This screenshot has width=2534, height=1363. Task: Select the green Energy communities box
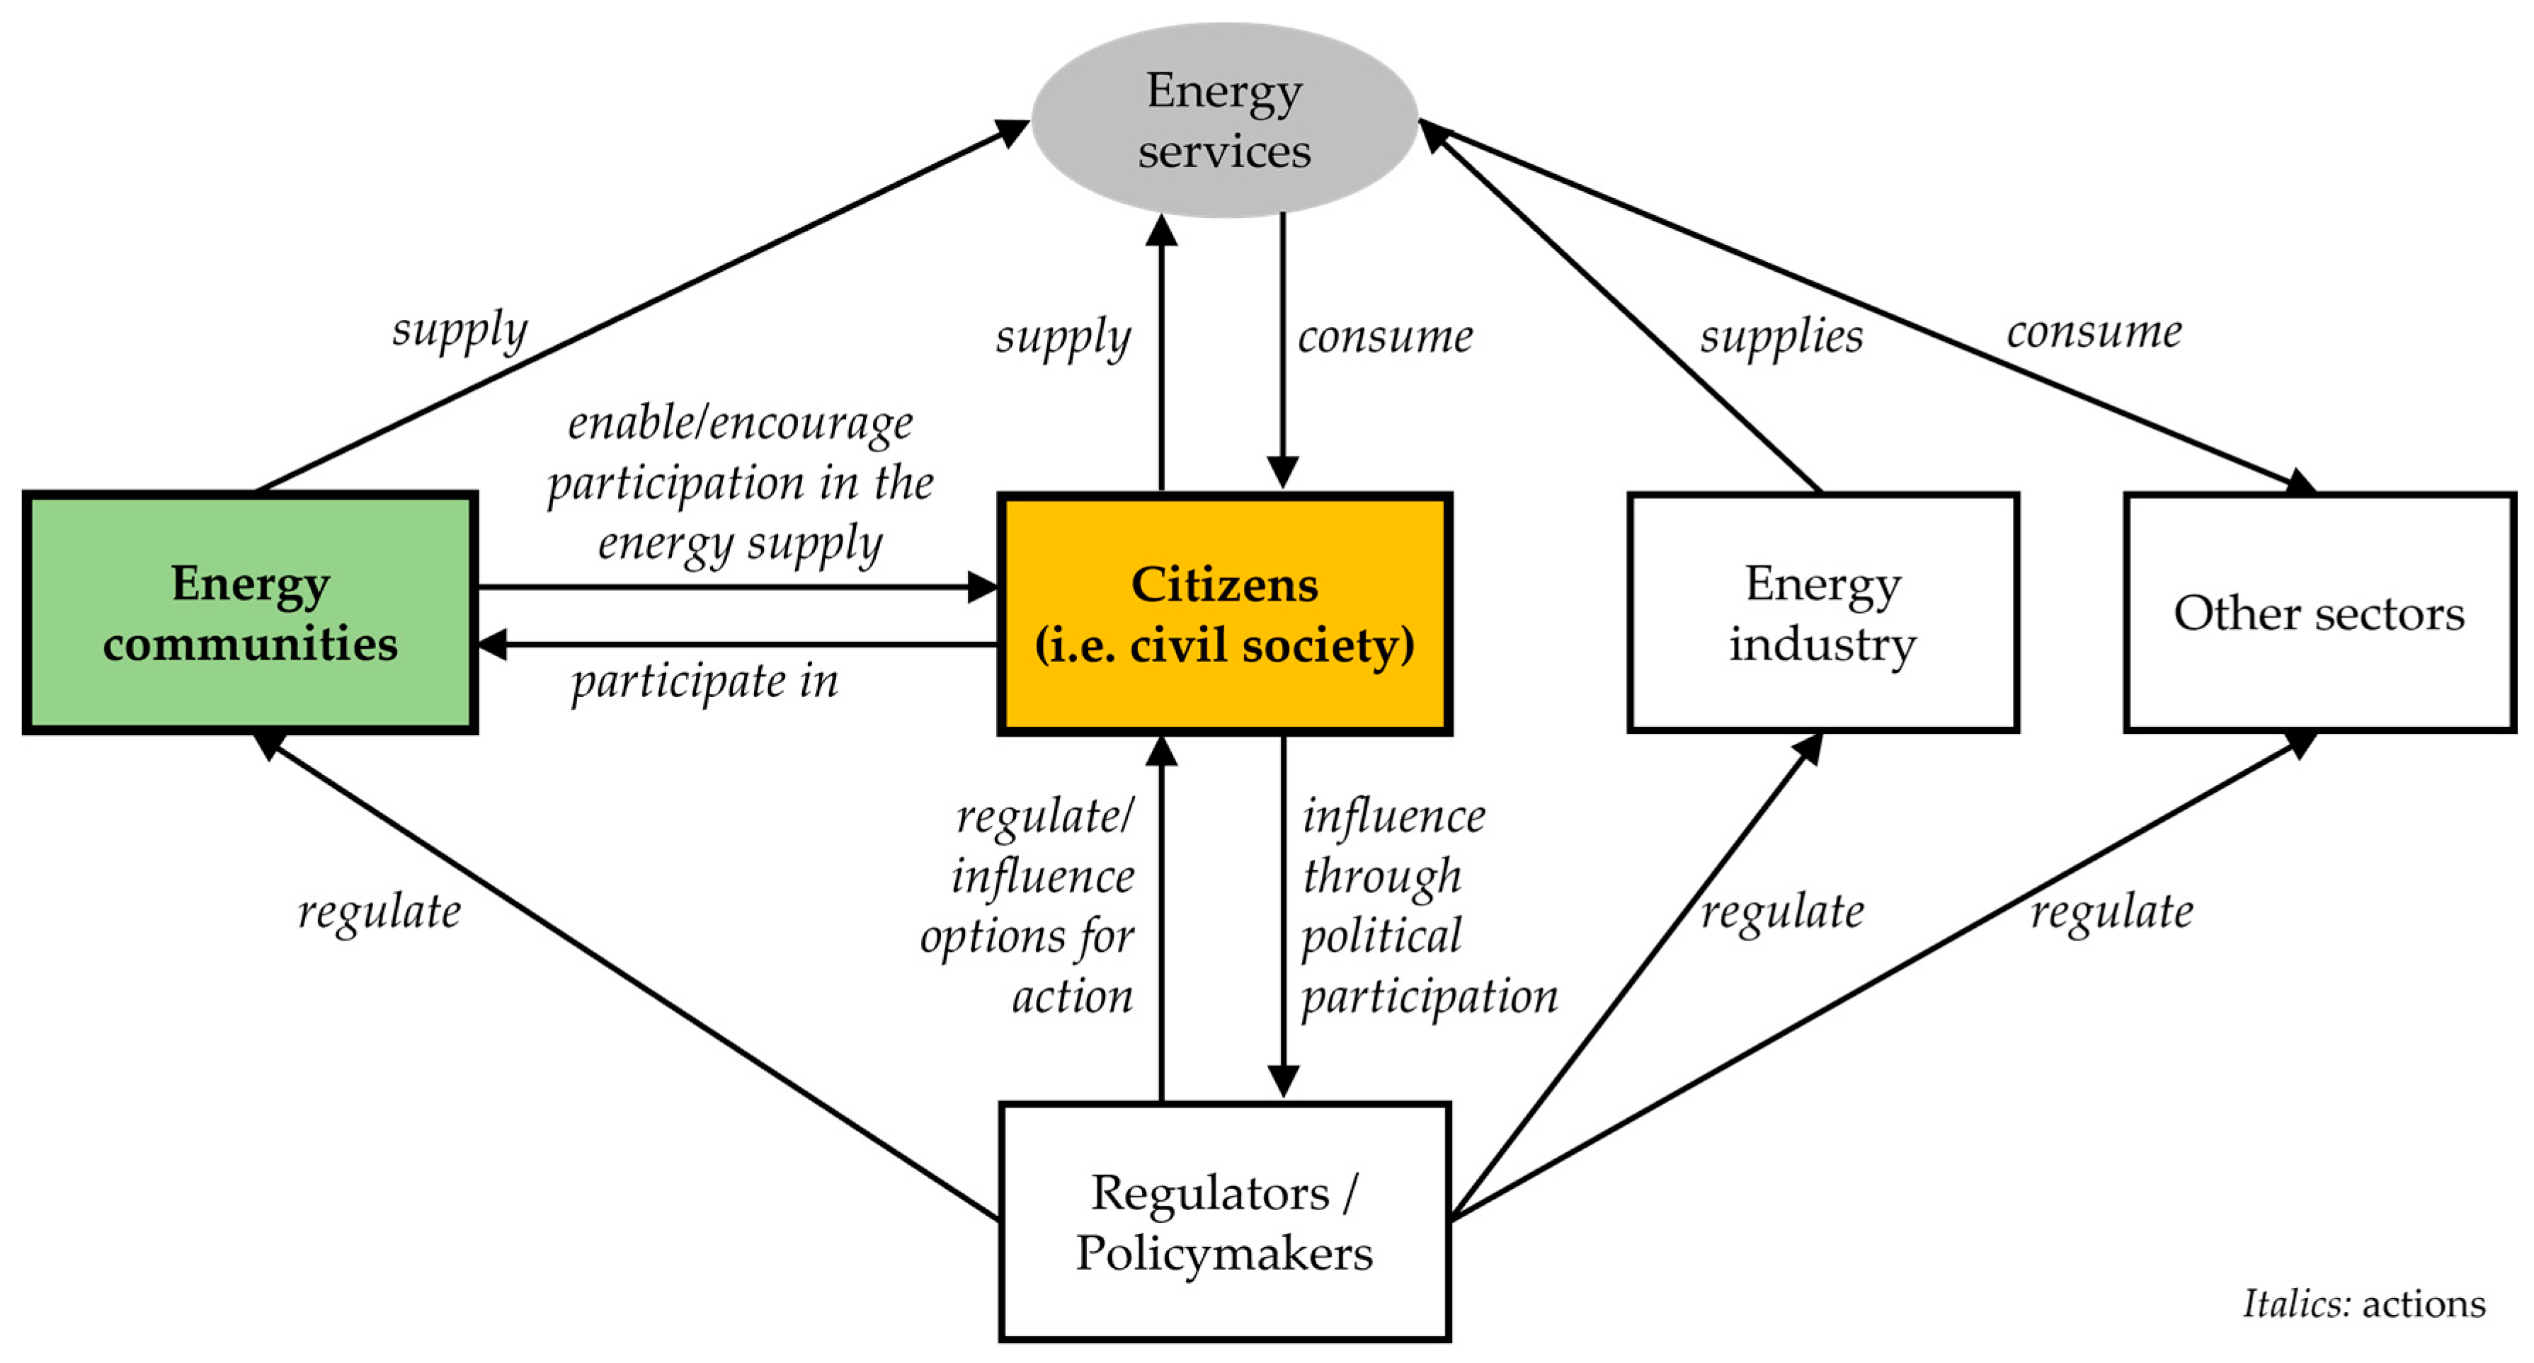click(x=250, y=613)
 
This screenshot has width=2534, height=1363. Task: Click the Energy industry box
click(x=1822, y=613)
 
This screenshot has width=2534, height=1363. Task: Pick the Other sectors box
click(x=2319, y=613)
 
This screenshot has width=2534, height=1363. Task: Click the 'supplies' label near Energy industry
click(x=1781, y=336)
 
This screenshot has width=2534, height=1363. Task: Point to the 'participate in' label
click(x=704, y=681)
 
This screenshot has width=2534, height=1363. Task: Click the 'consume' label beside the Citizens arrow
click(x=1385, y=336)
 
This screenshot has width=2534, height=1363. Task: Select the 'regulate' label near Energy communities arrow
click(x=379, y=911)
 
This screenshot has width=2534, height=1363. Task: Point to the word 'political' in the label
click(x=1381, y=936)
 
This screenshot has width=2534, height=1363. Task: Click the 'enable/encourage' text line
click(x=740, y=424)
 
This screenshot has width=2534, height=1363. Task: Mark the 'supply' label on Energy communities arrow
click(x=460, y=330)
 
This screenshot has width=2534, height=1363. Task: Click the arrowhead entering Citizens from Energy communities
click(x=983, y=587)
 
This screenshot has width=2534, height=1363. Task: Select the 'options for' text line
click(x=1027, y=936)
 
